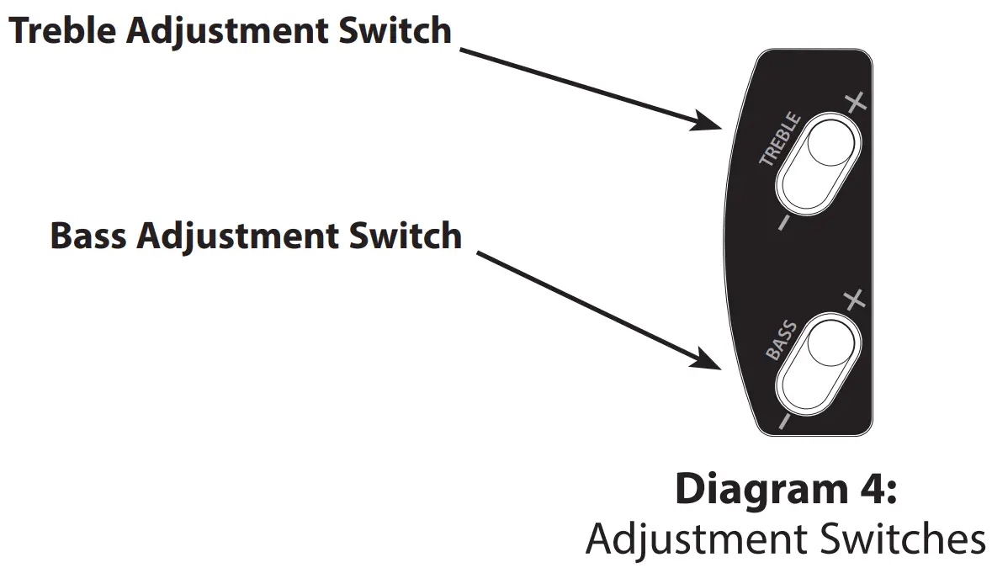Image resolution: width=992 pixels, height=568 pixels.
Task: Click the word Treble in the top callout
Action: (x=64, y=31)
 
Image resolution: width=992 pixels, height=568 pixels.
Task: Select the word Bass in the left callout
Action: (x=88, y=236)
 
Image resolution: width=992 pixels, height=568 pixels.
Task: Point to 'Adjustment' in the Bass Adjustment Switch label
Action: (x=244, y=236)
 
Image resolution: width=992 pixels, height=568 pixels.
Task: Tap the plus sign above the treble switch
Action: (x=855, y=104)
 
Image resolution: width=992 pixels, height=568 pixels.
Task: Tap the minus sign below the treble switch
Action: (x=783, y=222)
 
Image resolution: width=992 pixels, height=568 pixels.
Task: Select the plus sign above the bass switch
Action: (x=854, y=300)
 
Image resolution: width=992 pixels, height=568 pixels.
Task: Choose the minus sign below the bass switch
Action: (x=783, y=421)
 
